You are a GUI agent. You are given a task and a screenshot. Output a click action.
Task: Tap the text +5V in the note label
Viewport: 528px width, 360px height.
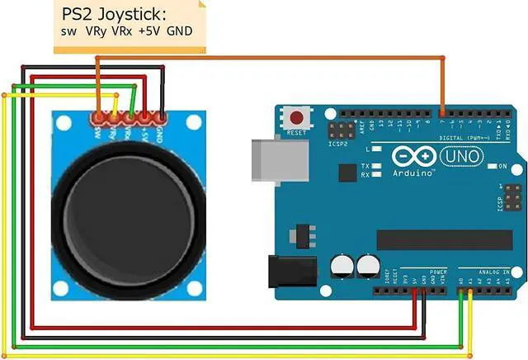(150, 32)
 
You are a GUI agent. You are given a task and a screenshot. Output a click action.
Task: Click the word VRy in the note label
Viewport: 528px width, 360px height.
(93, 32)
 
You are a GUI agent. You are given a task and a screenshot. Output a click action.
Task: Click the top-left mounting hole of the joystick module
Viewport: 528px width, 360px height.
(63, 121)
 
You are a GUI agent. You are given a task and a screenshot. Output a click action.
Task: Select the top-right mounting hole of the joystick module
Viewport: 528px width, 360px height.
(195, 123)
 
